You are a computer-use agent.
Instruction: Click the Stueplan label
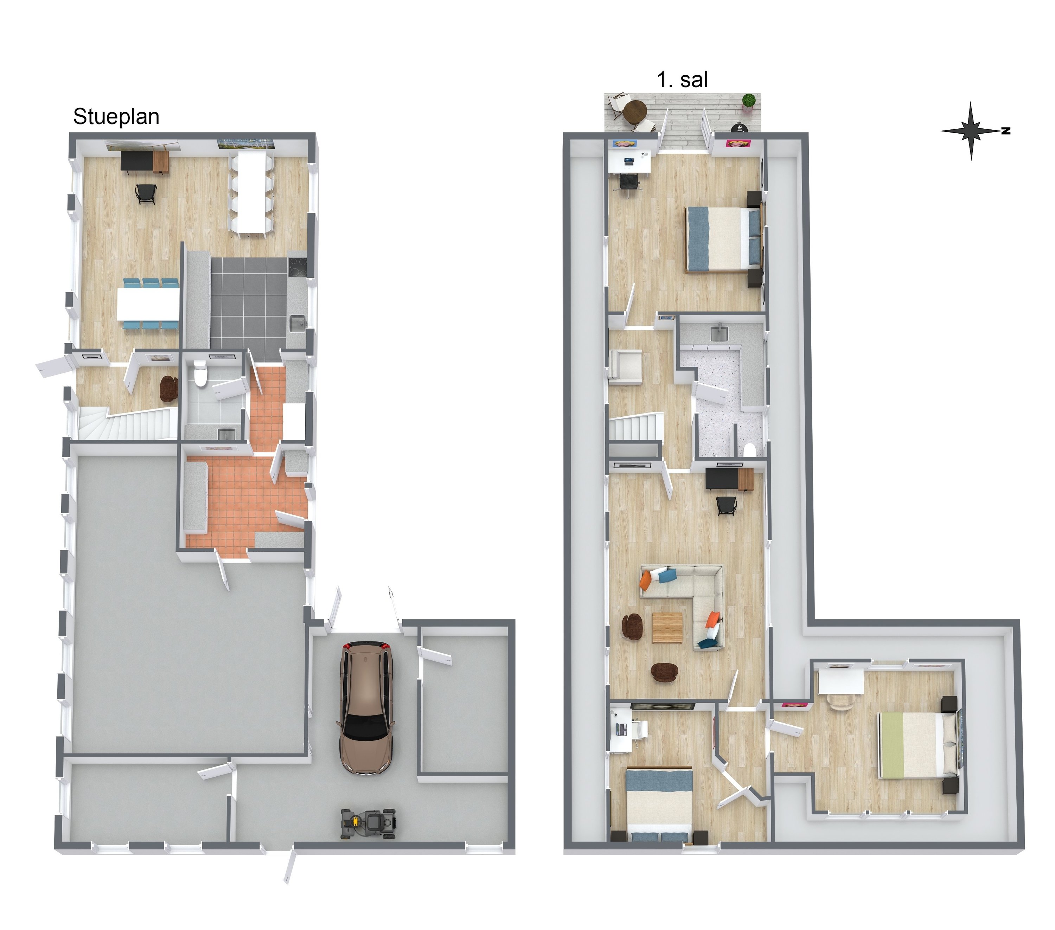(x=116, y=117)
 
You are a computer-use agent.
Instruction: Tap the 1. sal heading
(x=682, y=80)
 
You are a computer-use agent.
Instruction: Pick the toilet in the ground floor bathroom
(x=200, y=373)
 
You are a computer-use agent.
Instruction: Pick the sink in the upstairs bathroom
(x=719, y=333)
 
